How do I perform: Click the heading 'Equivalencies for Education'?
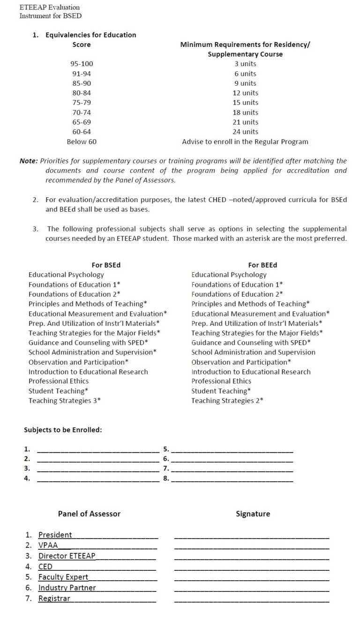(x=90, y=35)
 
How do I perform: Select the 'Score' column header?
(x=82, y=45)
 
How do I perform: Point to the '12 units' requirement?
(x=245, y=93)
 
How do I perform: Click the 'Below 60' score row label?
(x=82, y=142)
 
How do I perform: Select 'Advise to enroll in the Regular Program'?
(x=245, y=142)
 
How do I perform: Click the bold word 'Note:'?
(x=29, y=161)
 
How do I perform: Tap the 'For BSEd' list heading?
(x=106, y=265)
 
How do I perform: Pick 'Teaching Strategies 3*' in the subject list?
(x=65, y=401)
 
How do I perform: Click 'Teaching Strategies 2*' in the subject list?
(x=227, y=401)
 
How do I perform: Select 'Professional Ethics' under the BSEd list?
(x=59, y=381)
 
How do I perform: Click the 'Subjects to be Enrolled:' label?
(x=63, y=430)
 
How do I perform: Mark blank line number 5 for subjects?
(x=232, y=450)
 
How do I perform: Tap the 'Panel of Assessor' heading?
(x=89, y=514)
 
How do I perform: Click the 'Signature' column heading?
(x=253, y=514)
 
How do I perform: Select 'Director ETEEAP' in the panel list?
(x=67, y=556)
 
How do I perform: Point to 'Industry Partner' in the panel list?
(x=67, y=588)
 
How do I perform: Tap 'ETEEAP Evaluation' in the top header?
(x=50, y=7)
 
